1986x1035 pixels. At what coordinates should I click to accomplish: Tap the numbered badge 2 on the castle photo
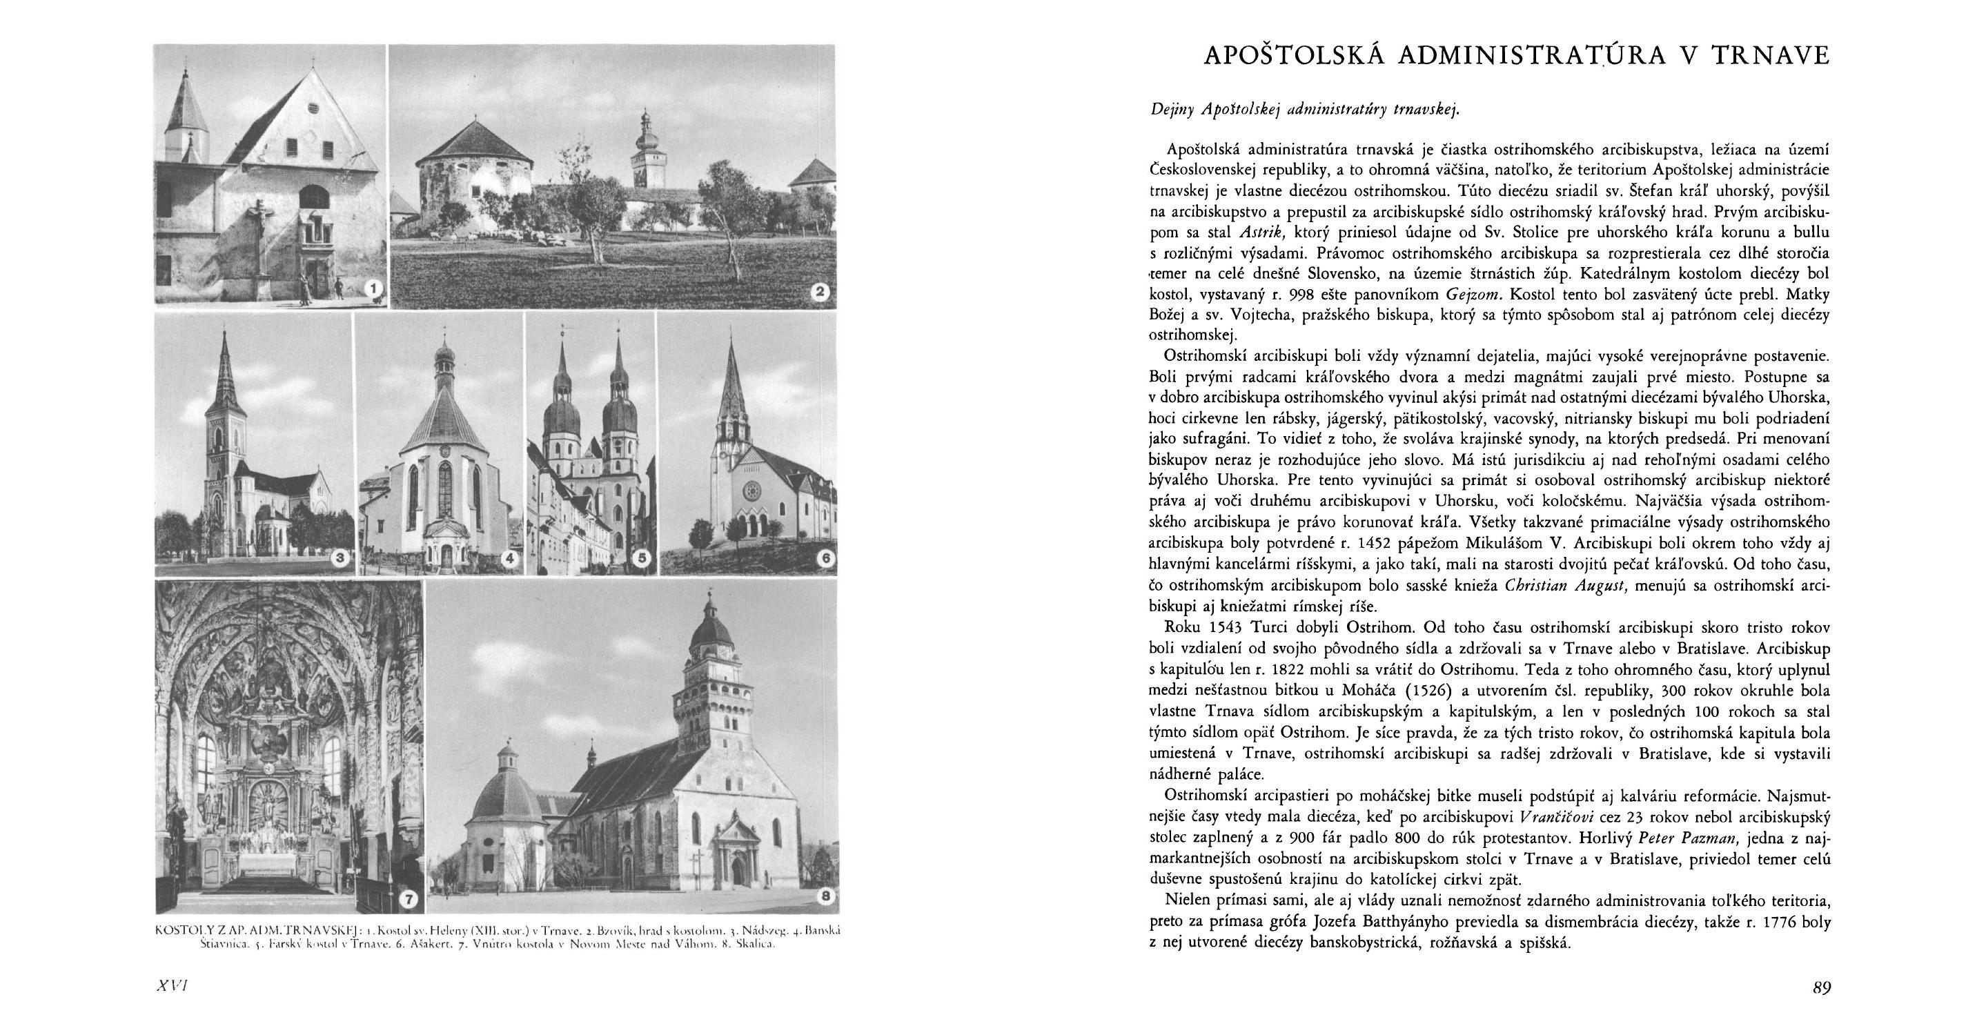(820, 291)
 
